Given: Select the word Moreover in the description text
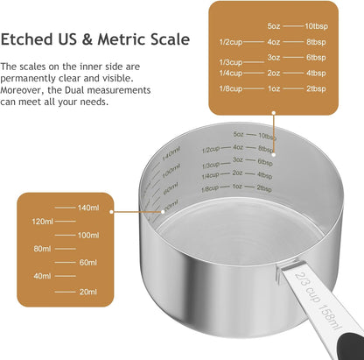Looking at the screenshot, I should pos(25,88).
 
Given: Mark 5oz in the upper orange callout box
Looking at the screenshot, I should pos(275,26).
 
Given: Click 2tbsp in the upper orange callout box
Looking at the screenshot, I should pos(317,88).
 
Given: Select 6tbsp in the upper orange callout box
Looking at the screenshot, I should pos(317,57).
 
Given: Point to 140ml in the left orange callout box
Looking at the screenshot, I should pos(87,207).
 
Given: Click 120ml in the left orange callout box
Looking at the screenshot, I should pos(43,221).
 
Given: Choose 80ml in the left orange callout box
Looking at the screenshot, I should pos(43,249).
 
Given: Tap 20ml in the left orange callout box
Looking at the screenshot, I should pos(87,291).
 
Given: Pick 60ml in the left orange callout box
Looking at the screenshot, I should pos(87,263).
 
